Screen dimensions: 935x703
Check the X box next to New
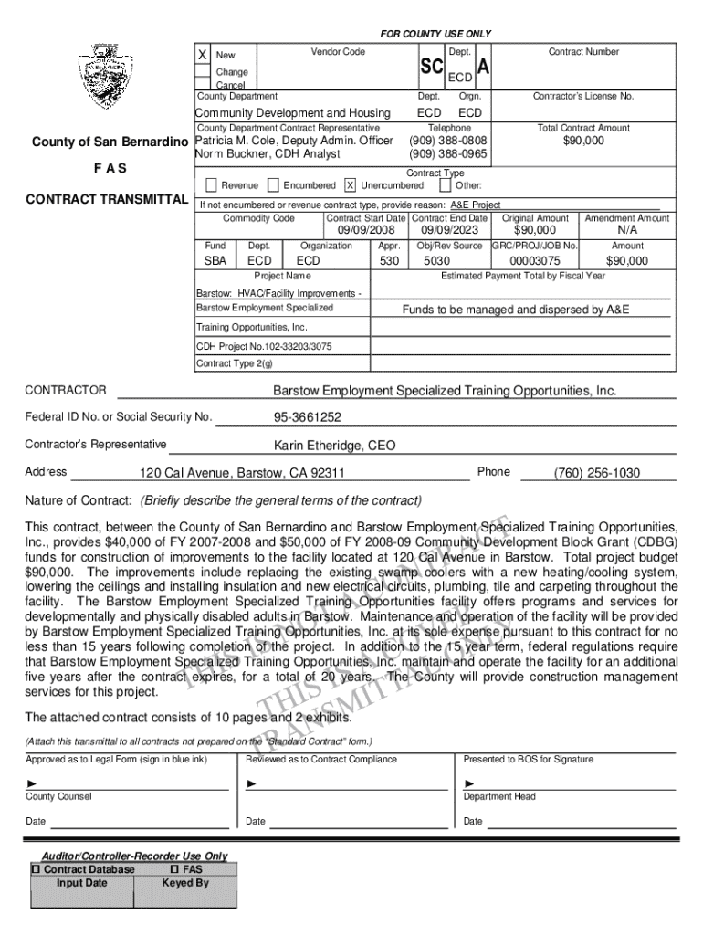point(203,55)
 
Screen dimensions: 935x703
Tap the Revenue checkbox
point(212,185)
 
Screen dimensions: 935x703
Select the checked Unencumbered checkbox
point(350,185)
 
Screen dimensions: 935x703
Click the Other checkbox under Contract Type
point(446,185)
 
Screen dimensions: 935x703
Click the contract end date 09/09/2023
point(449,230)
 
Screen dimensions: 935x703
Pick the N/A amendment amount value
point(627,230)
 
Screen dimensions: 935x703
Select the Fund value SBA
point(215,261)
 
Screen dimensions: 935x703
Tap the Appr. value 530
point(390,261)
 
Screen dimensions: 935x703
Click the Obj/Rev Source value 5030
point(437,261)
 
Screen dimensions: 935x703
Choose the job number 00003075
point(535,261)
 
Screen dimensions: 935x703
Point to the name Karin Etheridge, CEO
point(335,446)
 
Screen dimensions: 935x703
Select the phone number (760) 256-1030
point(597,473)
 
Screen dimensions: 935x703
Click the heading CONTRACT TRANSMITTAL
point(107,199)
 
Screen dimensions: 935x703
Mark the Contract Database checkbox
point(37,869)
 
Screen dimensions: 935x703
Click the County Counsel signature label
point(58,796)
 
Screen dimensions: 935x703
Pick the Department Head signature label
point(500,796)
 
